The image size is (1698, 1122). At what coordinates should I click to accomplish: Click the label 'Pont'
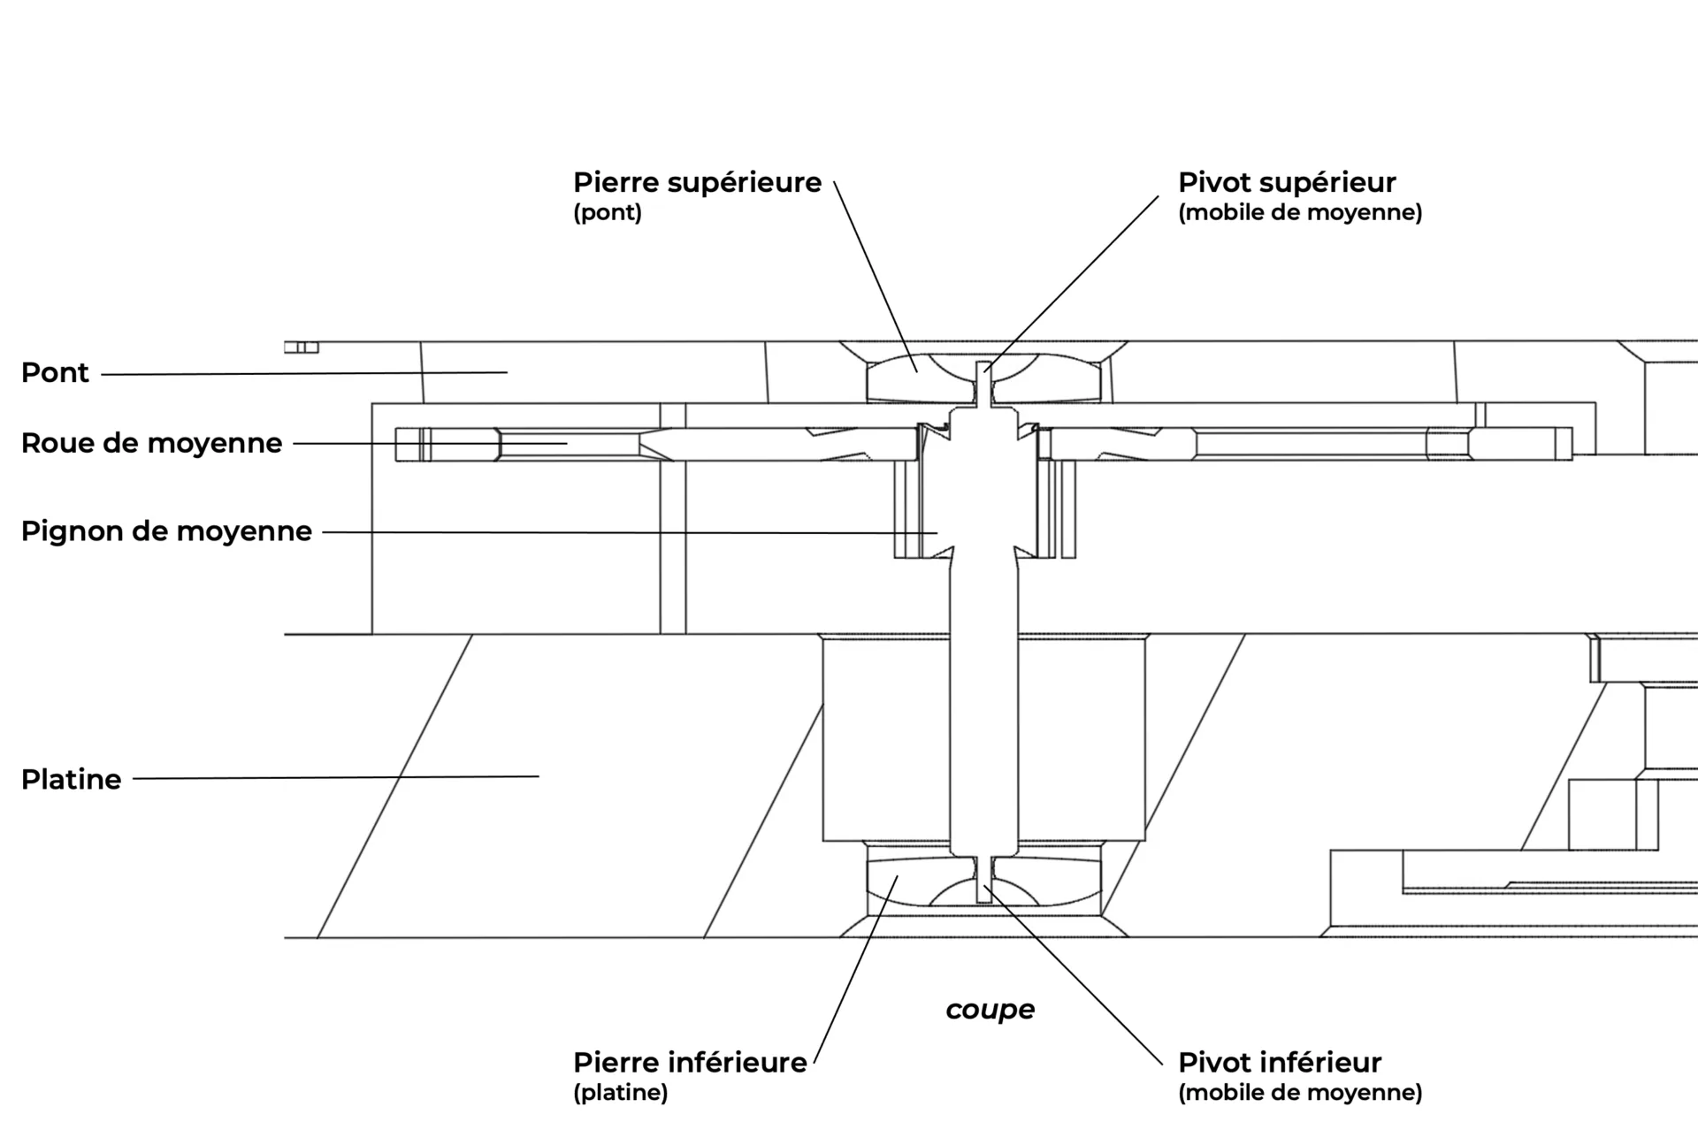(55, 373)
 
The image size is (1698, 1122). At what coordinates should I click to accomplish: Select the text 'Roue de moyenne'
(151, 443)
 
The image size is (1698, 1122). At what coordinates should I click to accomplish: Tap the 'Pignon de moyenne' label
(166, 531)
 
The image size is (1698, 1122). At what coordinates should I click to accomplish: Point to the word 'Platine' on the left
(71, 780)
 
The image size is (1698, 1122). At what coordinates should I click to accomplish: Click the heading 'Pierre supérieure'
(697, 183)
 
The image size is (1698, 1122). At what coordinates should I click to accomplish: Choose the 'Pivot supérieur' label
(1287, 183)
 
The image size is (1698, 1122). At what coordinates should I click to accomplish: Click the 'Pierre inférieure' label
(690, 1063)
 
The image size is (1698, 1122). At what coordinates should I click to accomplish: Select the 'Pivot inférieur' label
(1280, 1063)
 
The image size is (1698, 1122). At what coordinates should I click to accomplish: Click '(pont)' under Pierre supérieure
(608, 213)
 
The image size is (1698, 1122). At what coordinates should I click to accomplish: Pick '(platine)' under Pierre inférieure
(620, 1093)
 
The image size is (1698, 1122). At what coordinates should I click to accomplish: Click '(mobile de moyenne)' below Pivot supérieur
(1300, 213)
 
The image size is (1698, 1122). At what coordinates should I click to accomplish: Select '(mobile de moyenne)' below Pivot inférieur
(1300, 1093)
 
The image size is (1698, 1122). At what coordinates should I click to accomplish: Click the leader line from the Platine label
(336, 777)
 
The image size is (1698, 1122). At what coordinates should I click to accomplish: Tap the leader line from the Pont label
(304, 373)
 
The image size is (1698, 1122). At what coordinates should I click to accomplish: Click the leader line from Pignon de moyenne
(630, 532)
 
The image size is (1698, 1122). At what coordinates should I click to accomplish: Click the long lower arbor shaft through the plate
(984, 707)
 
